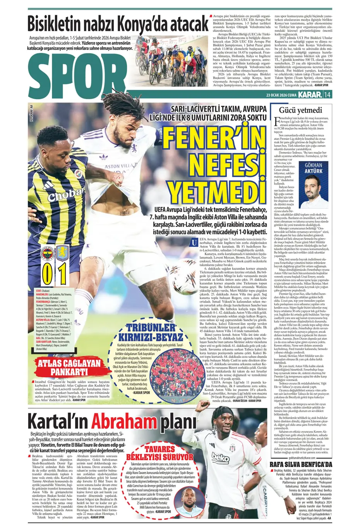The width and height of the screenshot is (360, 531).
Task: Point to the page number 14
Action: pyautogui.click(x=327, y=95)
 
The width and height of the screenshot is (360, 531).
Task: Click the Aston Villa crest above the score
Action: pyautogui.click(x=62, y=253)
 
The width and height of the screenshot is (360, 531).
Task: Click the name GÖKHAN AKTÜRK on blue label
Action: pyautogui.click(x=313, y=168)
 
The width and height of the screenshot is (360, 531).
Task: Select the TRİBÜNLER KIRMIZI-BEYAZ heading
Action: pyautogui.click(x=145, y=332)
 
